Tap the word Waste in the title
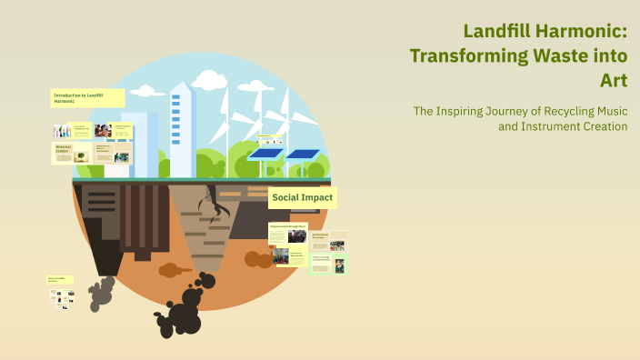coord(563,55)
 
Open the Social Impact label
coord(303,197)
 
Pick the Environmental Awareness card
coord(328,242)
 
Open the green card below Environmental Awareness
coord(328,264)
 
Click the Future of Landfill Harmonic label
coord(62,279)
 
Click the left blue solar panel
coord(265,153)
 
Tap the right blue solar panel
coord(303,154)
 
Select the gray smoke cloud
coord(100,291)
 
